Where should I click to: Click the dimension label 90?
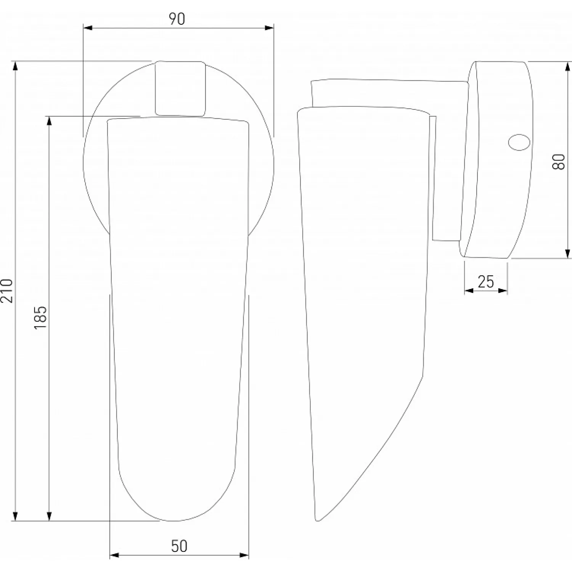(x=177, y=19)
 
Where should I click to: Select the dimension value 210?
(x=7, y=291)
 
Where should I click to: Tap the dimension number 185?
(x=40, y=317)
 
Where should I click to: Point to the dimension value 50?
(x=179, y=546)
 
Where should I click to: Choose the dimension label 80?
(x=559, y=162)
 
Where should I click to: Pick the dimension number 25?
(x=486, y=282)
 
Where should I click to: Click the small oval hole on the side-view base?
(x=519, y=142)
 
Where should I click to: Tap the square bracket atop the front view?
(x=180, y=88)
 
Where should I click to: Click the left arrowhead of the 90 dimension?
(x=88, y=28)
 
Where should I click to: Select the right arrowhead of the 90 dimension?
(x=269, y=28)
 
